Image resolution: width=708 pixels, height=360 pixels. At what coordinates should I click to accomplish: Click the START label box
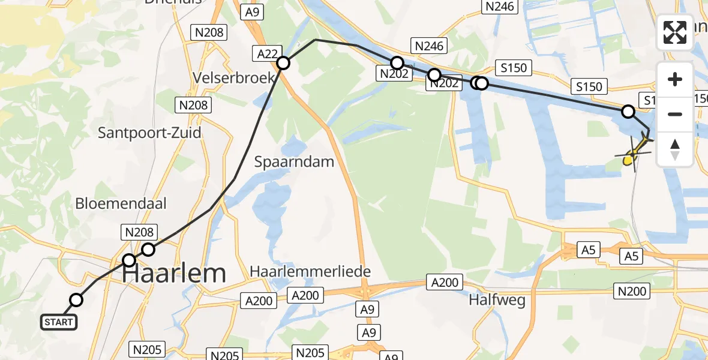59,322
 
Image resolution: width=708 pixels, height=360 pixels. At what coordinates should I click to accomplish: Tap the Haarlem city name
175,274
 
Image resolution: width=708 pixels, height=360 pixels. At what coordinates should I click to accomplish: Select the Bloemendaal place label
121,203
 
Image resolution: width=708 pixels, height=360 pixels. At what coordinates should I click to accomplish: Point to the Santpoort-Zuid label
149,133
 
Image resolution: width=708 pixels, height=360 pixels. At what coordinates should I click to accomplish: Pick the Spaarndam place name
293,162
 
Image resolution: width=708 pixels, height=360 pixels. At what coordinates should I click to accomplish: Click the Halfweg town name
497,300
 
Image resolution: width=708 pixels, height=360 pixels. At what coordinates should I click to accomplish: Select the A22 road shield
267,54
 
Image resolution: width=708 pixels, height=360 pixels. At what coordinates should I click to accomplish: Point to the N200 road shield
632,292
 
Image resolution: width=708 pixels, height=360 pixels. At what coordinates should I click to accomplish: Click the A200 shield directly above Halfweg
444,282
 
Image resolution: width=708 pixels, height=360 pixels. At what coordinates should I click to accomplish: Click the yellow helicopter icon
633,154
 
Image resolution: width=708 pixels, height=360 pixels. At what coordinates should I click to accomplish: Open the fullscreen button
675,32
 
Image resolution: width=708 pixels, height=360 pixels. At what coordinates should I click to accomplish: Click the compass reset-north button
675,149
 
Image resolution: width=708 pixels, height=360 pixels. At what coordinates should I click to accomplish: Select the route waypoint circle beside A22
283,62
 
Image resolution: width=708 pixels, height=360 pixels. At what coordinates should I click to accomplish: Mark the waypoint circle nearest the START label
76,300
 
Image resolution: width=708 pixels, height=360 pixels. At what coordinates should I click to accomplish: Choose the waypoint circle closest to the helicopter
628,111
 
